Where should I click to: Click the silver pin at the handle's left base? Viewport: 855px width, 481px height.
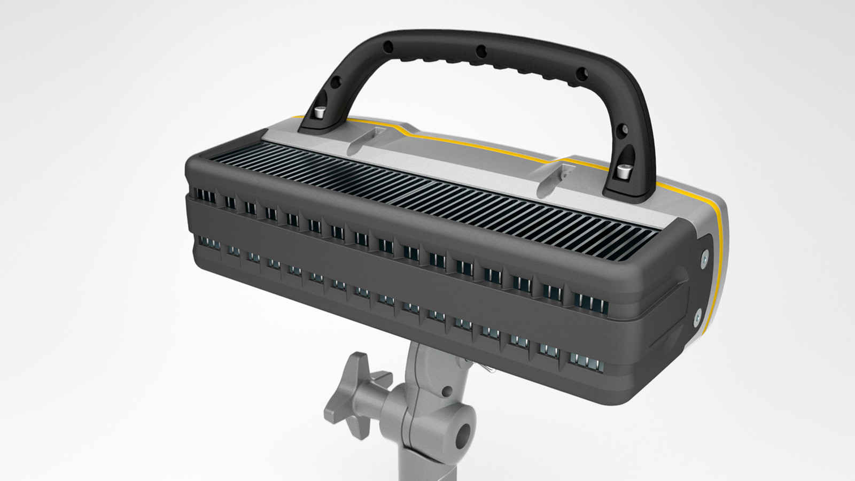319,112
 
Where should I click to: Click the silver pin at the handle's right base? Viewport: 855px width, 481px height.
622,172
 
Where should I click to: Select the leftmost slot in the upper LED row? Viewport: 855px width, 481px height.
206,197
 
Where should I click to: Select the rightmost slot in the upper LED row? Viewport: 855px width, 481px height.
590,304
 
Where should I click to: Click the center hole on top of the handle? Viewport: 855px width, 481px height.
480,50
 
